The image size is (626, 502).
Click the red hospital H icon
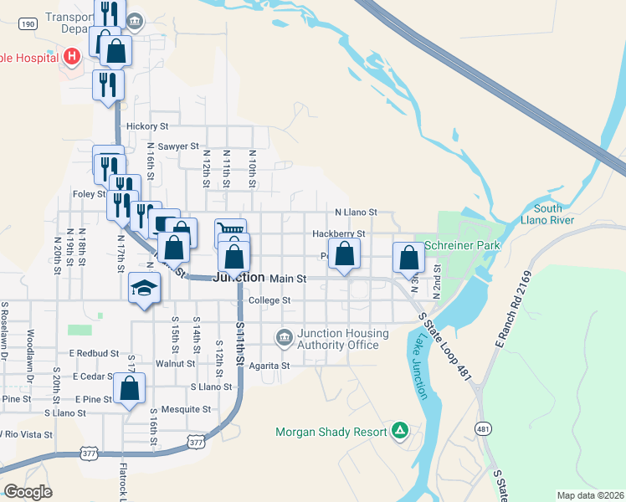[x=72, y=57]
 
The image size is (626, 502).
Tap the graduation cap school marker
[x=144, y=289]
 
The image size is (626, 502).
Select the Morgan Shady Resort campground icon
[x=401, y=431]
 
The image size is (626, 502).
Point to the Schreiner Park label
[x=462, y=246]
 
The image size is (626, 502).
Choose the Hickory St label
[x=147, y=126]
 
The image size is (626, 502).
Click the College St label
[x=269, y=300]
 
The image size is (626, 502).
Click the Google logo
[x=28, y=492]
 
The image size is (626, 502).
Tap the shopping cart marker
[x=230, y=229]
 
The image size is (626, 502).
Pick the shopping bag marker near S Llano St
[x=129, y=389]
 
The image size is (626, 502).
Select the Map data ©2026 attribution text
[x=589, y=495]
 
